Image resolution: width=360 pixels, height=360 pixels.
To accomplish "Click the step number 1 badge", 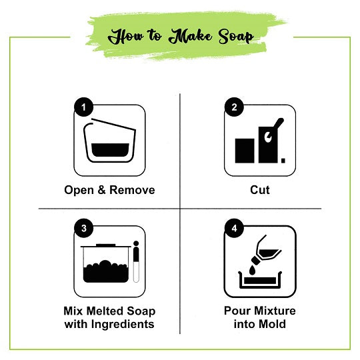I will click(x=82, y=107).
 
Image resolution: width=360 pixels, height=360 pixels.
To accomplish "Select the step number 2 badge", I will click(x=233, y=107).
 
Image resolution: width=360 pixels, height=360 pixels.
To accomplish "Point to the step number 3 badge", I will click(x=82, y=228).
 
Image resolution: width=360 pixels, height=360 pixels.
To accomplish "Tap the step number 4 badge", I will click(x=233, y=228).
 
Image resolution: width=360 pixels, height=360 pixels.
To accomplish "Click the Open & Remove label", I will click(x=109, y=190).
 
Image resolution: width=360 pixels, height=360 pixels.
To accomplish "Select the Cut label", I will click(x=260, y=190).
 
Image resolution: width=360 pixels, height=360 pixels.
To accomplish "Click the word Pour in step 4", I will click(x=237, y=311).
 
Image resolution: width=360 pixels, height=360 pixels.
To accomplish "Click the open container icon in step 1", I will click(x=109, y=141).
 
